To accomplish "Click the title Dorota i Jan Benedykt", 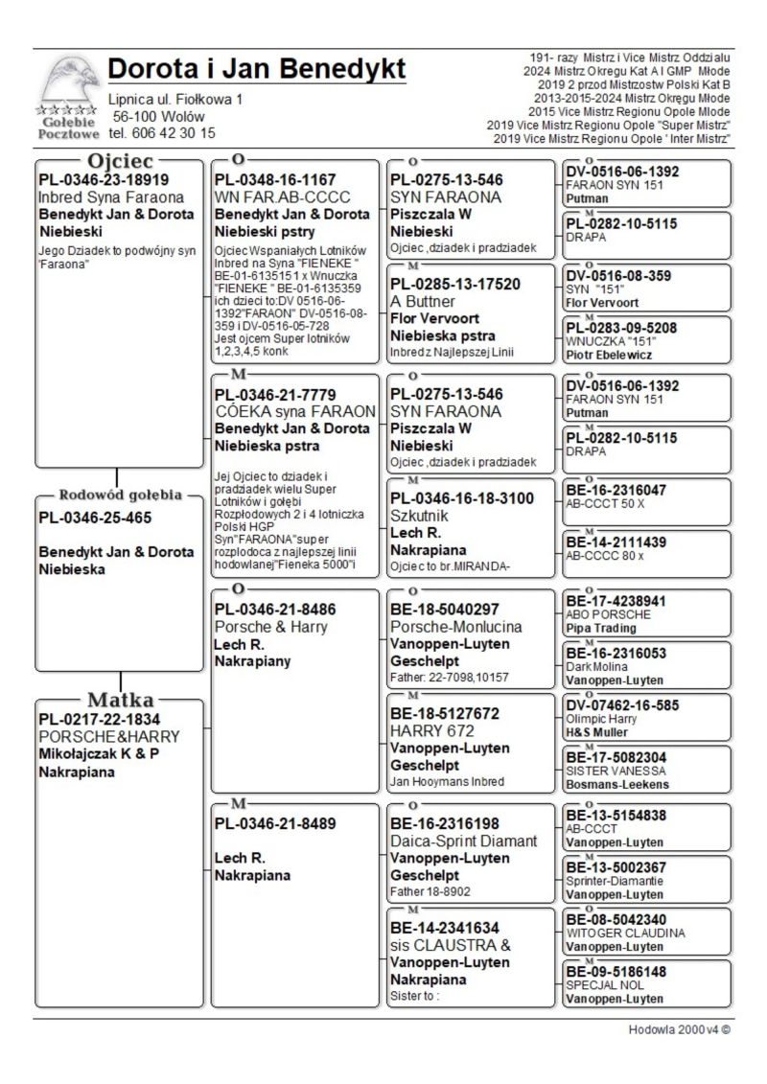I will tap(257, 69).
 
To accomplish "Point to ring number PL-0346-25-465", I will tap(95, 518).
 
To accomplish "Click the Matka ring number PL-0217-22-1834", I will tap(100, 719).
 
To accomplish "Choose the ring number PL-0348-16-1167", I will tap(275, 180).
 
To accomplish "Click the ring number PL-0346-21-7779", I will tap(275, 395).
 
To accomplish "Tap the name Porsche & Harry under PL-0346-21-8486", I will tap(270, 627).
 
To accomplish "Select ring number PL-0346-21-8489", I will tap(275, 823).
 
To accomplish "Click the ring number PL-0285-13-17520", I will tap(455, 284).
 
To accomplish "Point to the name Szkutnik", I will tap(420, 516).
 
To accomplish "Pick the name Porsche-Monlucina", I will tap(456, 627).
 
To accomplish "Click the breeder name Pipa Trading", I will tap(601, 629).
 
